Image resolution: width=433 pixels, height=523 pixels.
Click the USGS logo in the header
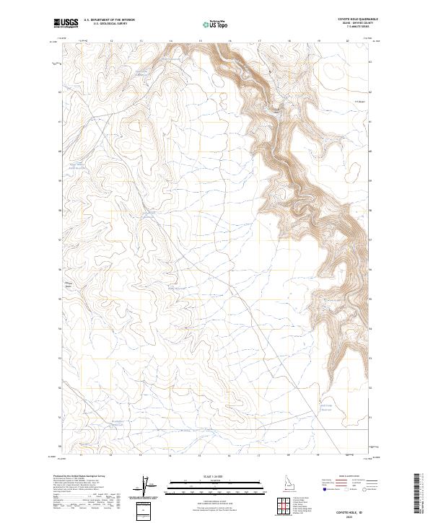(x=66, y=23)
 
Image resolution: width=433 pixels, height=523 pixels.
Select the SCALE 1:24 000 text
(x=204, y=476)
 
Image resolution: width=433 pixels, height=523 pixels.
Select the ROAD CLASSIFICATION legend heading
(x=349, y=477)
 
